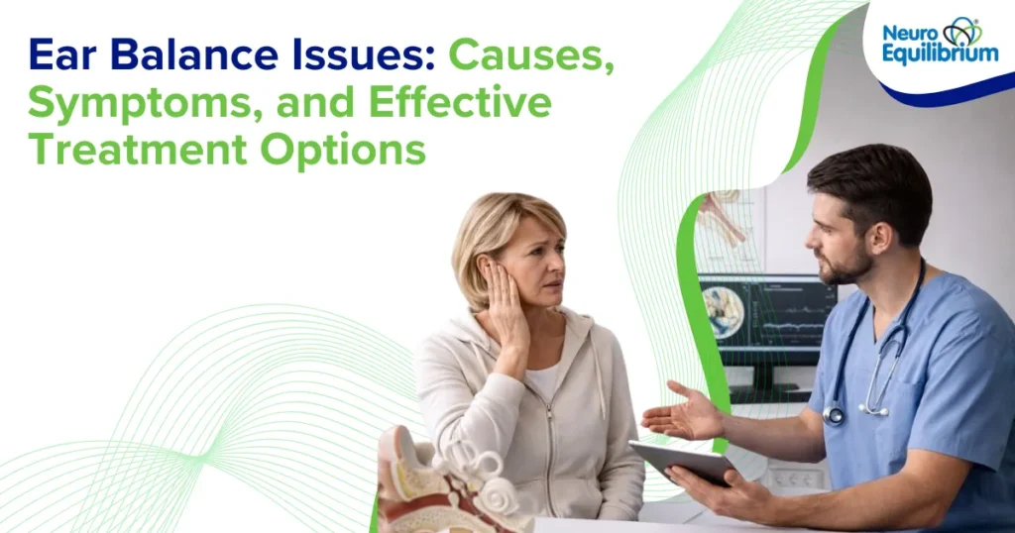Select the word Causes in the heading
click(531, 56)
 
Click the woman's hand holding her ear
click(507, 302)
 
